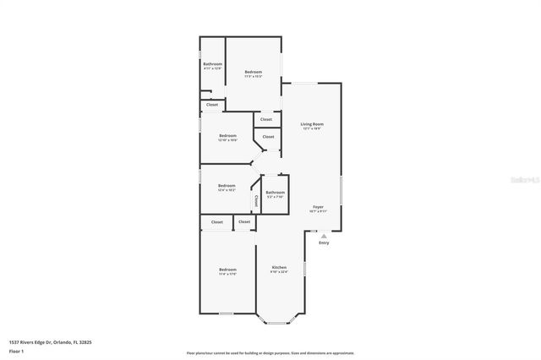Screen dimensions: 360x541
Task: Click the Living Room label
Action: click(312, 124)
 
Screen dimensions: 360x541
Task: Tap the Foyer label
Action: click(318, 207)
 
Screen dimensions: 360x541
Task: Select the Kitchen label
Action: click(279, 267)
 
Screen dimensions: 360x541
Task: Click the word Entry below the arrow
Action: click(324, 243)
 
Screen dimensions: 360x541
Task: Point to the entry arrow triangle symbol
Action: click(324, 236)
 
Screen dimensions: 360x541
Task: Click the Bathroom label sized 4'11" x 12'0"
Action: click(212, 64)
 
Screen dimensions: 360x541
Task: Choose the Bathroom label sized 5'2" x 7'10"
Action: click(275, 193)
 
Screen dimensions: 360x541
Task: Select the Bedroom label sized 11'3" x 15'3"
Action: click(254, 72)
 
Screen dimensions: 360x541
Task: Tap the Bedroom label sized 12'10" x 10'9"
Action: click(227, 135)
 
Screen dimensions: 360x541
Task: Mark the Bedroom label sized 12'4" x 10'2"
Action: click(227, 186)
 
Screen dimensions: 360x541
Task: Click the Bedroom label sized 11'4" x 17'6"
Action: click(227, 270)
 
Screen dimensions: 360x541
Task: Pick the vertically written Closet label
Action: click(255, 200)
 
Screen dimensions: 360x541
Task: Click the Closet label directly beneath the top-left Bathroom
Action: click(212, 105)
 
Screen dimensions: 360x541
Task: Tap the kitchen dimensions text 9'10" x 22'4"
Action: click(279, 272)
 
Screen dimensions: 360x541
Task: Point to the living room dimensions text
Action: click(312, 129)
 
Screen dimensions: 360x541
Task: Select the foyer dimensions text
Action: click(318, 212)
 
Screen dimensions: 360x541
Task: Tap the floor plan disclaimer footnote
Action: click(270, 352)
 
